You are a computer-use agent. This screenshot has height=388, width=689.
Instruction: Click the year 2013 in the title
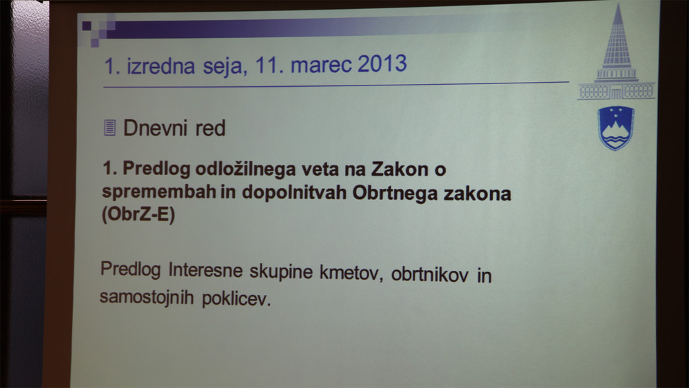[382, 63]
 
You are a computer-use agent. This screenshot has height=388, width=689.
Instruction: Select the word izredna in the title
[161, 66]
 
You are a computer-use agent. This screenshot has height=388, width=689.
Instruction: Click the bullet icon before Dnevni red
[110, 127]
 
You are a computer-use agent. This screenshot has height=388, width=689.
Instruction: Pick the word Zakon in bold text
[400, 169]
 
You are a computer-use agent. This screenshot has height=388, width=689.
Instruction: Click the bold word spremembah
[159, 192]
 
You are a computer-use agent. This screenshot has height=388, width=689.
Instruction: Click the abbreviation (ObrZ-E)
[138, 214]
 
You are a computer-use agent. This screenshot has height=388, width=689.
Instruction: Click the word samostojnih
[147, 296]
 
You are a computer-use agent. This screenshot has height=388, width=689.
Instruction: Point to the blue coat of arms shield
[616, 128]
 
